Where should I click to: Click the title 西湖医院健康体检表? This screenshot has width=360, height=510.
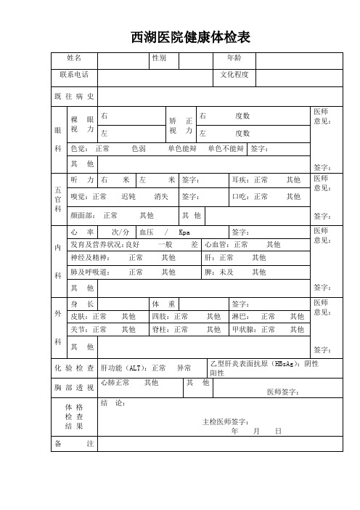190,38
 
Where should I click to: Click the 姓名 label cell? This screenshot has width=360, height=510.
74,57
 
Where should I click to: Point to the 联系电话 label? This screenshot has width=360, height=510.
74,75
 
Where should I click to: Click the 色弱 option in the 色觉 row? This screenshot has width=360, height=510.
139,149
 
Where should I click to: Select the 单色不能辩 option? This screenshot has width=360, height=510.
225,149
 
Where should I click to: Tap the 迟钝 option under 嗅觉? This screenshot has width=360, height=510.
129,196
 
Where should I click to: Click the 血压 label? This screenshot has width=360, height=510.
147,232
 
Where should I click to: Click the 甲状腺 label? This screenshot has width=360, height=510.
242,329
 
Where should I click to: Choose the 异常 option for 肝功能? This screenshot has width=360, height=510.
184,368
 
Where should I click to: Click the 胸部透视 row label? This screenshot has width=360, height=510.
74,388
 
